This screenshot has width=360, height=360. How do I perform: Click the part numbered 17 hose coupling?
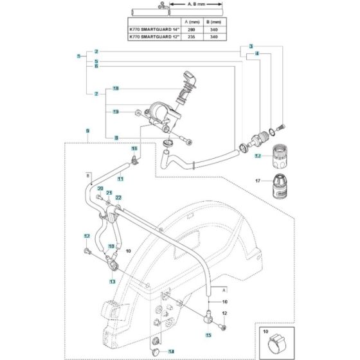pos(279,187)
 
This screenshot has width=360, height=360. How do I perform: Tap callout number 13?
pos(112,282)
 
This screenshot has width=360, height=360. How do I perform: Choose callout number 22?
pos(118,199)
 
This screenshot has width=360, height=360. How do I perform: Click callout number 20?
pos(100,188)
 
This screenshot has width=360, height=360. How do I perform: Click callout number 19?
pos(116,112)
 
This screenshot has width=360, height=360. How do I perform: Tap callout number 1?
pos(77,57)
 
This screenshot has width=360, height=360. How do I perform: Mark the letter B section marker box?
pos(88,175)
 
